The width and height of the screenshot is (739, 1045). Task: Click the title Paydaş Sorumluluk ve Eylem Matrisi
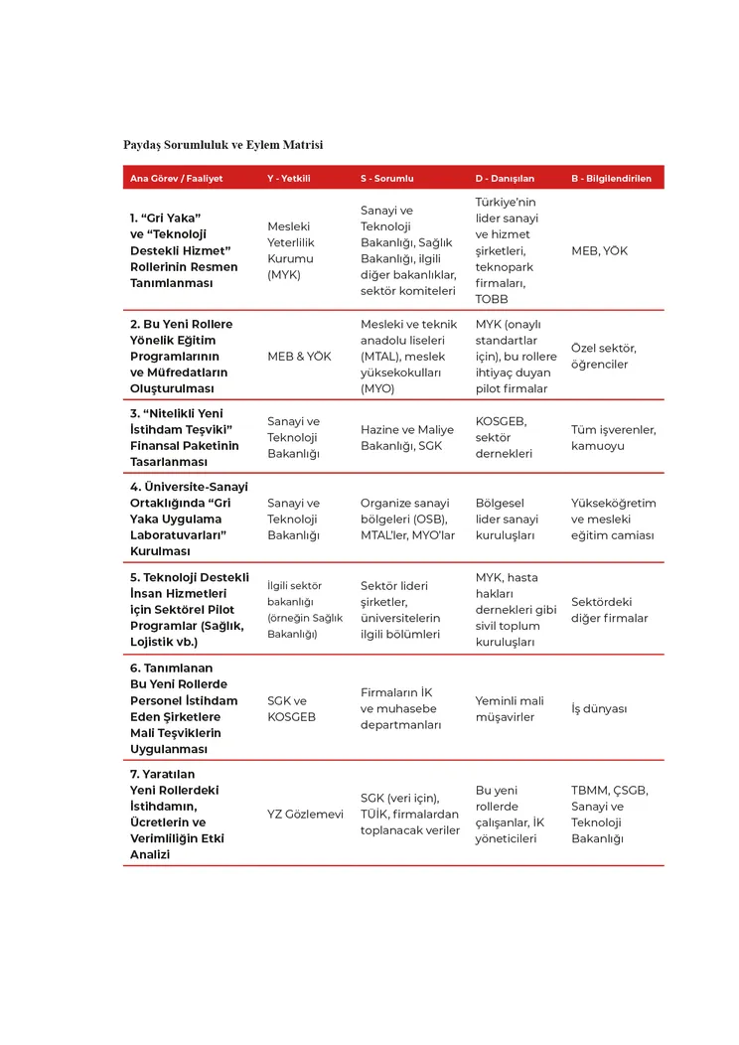[x=222, y=145]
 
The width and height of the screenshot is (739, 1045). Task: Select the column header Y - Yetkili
[x=289, y=179]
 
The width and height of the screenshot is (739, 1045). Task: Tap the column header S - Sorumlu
[x=386, y=179]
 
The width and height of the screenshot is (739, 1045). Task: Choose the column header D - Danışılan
[x=505, y=179]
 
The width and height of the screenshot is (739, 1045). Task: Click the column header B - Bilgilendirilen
[x=611, y=179]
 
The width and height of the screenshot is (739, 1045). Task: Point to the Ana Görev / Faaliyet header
[x=177, y=179]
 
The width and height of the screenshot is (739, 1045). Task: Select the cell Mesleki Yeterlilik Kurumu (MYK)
[x=289, y=250]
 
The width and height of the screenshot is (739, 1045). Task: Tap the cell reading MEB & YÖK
[x=299, y=356]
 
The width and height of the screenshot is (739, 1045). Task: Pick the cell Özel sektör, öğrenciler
[x=604, y=356]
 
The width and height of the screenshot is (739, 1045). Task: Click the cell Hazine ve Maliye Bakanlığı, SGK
[x=406, y=437]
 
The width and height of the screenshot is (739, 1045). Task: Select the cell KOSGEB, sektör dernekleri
[x=504, y=437]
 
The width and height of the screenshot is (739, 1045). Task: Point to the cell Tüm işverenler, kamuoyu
[x=613, y=437]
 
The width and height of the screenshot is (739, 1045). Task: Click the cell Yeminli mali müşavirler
[x=510, y=708]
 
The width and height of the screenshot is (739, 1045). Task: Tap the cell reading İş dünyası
[x=599, y=708]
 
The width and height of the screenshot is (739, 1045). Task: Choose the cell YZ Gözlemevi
[x=305, y=814]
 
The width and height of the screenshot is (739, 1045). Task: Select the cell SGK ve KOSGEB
[x=292, y=708]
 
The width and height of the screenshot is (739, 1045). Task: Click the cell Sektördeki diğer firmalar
[x=609, y=610]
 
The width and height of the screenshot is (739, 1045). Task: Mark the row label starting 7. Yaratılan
[x=177, y=814]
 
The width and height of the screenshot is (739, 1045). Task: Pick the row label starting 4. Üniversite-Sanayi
[x=189, y=519]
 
